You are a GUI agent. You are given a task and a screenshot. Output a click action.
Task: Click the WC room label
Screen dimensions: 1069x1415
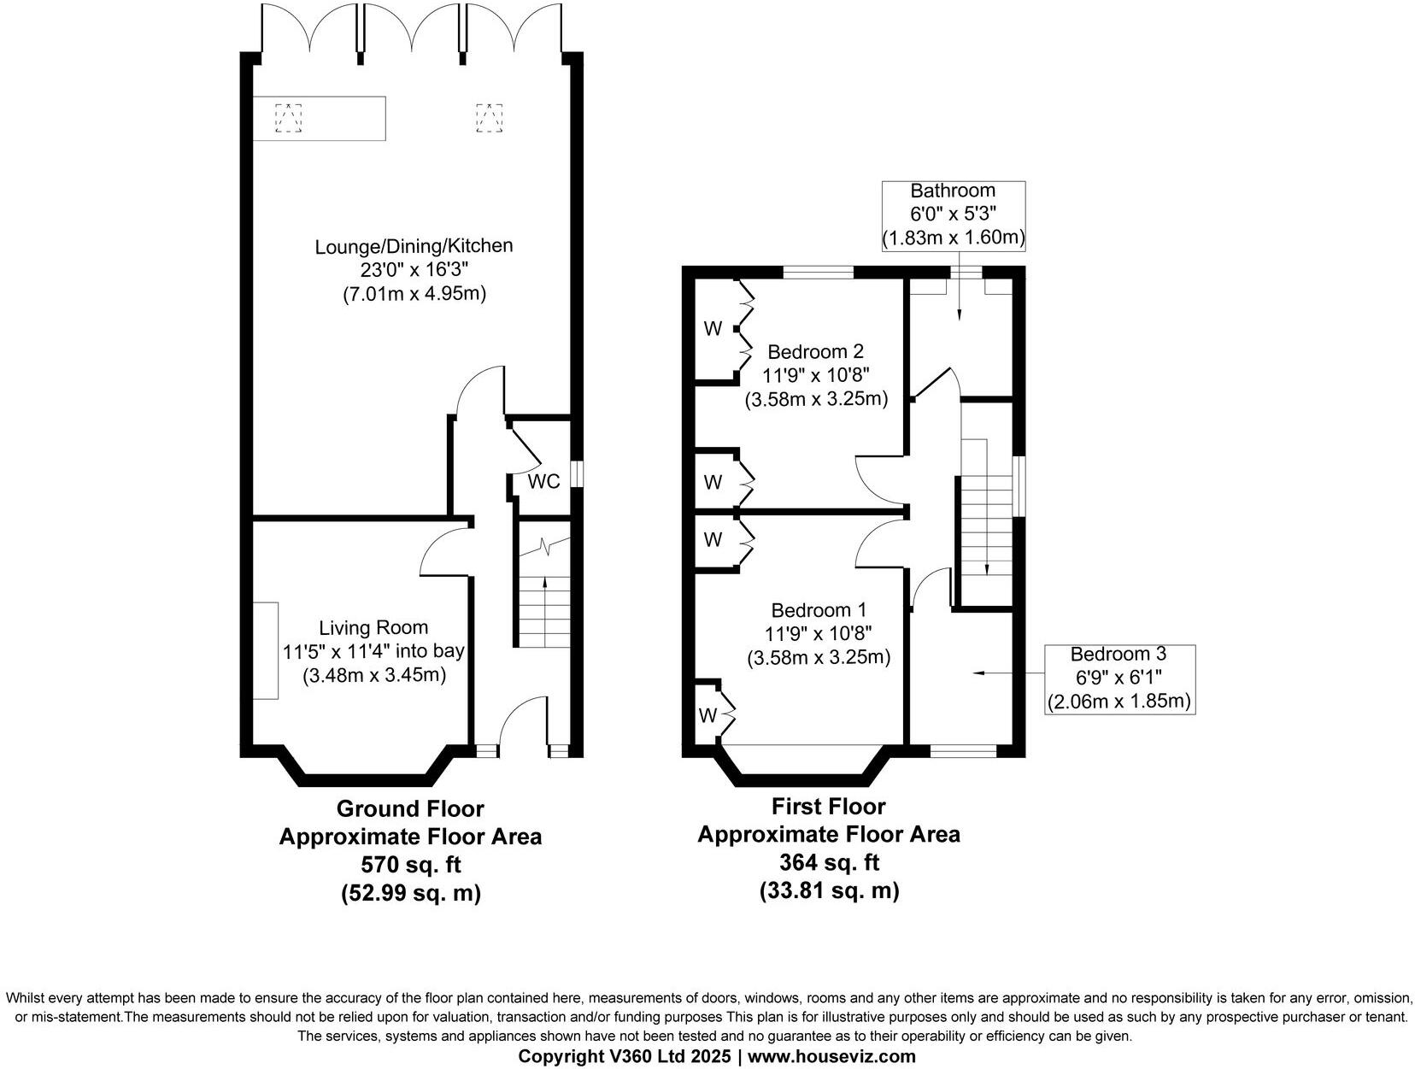[x=543, y=482]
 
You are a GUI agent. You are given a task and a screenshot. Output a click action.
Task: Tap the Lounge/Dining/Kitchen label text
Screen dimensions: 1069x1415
[x=414, y=246]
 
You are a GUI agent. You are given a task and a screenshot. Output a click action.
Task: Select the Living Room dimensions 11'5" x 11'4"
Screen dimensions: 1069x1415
[x=373, y=651]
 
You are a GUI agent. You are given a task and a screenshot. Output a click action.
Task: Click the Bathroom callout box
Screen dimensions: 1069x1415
[x=953, y=215]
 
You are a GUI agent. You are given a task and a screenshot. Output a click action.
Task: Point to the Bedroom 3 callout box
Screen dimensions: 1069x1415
[x=1118, y=678]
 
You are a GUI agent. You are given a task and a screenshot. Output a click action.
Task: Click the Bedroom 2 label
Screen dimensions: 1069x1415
[x=815, y=351]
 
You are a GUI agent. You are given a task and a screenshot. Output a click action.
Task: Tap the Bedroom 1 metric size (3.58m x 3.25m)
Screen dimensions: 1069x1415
[x=819, y=658]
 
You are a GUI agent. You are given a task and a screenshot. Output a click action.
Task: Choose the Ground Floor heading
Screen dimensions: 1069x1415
[x=410, y=808]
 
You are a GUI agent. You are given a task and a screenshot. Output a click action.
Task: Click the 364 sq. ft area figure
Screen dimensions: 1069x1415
[x=828, y=861]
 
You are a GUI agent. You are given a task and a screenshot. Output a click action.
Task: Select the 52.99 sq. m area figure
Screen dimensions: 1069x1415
[x=411, y=894]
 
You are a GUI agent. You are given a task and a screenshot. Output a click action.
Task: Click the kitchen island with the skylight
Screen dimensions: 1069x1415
[x=320, y=118]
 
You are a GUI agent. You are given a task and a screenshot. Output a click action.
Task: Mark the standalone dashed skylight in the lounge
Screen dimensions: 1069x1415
[x=489, y=118]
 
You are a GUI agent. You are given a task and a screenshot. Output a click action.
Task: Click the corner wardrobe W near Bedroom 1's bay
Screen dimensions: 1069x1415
[x=707, y=715]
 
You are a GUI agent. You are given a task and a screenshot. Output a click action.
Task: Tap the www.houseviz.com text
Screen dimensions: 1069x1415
[x=832, y=1056]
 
